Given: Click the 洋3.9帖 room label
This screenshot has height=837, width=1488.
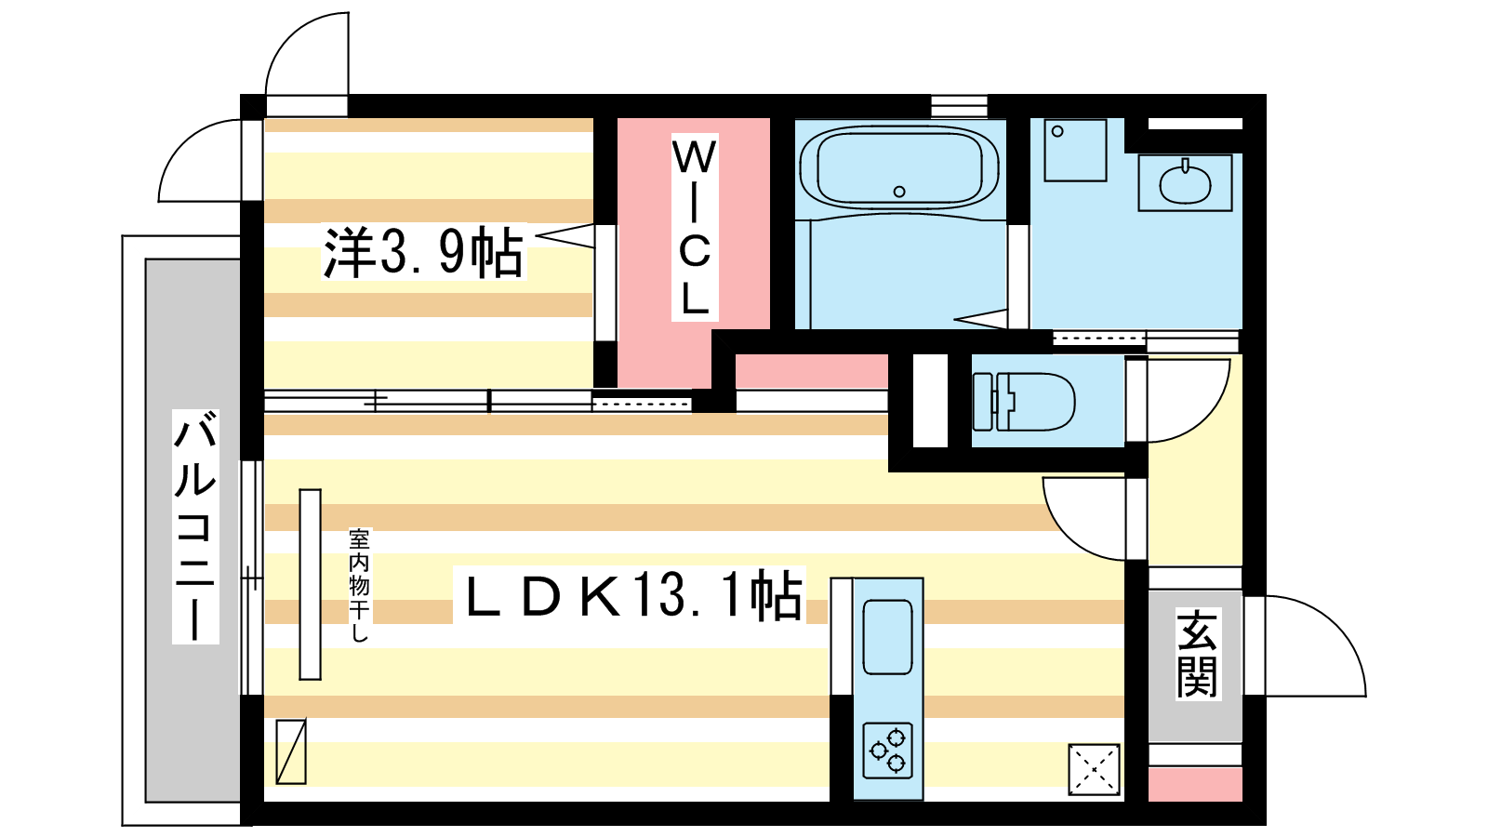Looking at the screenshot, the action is point(423,252).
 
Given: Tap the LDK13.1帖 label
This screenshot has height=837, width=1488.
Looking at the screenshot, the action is point(630,595).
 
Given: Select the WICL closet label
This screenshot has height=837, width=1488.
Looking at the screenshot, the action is point(694,227).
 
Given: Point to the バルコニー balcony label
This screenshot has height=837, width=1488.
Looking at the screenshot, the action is point(195,526).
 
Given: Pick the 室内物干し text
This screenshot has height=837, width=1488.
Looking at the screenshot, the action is point(359,585).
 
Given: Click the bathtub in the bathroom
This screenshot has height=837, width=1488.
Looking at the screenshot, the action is point(898,167).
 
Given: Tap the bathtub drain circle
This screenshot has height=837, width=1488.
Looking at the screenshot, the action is point(899,192).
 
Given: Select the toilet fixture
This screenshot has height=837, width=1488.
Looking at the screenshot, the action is point(1023,401).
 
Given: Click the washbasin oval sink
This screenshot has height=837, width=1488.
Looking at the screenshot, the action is point(1185,183).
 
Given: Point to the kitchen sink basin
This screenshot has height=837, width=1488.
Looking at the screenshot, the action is point(887,637).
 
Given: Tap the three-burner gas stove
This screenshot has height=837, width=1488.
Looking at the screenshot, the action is point(887,751).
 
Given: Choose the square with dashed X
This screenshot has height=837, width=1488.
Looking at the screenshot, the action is point(1094,770).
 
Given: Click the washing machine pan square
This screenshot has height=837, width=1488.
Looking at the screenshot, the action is point(1075,150).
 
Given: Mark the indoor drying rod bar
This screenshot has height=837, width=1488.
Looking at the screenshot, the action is point(311,585).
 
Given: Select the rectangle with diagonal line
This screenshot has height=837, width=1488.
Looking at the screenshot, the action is point(291,751).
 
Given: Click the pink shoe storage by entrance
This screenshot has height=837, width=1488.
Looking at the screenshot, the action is point(1196,785).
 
